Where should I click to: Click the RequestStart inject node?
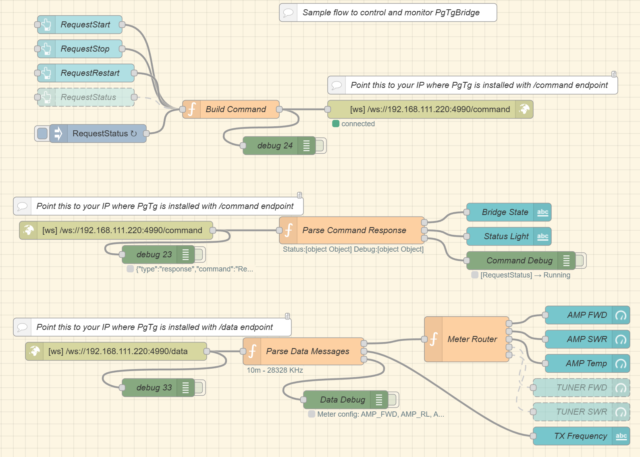click(85, 25)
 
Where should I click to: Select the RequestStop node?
click(85, 49)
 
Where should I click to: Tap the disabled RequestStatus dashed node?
click(88, 97)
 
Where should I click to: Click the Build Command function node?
click(235, 109)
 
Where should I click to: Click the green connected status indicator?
click(336, 124)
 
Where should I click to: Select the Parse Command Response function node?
click(354, 230)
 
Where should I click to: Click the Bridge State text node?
click(505, 212)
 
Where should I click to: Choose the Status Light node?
click(506, 236)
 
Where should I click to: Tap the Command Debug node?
click(519, 261)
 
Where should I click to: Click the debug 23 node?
click(154, 255)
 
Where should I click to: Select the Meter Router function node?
click(472, 339)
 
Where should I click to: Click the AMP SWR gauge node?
click(586, 339)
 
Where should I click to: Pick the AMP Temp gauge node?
click(586, 363)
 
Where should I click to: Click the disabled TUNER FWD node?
click(581, 388)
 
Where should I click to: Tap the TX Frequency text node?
click(580, 436)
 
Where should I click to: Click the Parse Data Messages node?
click(307, 351)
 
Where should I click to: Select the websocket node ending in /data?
click(118, 351)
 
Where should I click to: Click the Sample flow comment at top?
click(391, 13)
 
